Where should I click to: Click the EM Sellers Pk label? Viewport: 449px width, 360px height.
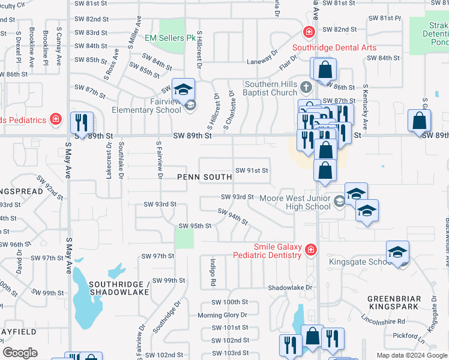(171, 37)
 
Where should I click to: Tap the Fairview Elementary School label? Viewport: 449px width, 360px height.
(146, 106)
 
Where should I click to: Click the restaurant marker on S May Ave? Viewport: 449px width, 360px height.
(80, 122)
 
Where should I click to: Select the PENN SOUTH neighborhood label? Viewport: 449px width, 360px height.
(204, 177)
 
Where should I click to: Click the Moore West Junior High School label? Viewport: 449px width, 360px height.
(294, 202)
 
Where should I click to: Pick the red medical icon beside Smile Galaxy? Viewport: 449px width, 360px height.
(310, 249)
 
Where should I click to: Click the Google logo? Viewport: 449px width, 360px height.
(20, 353)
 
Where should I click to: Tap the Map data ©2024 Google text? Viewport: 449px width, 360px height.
(411, 355)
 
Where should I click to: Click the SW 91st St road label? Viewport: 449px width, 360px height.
(252, 170)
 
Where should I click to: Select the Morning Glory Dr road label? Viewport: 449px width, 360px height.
(222, 315)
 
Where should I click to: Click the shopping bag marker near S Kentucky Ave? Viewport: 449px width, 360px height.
(324, 70)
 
